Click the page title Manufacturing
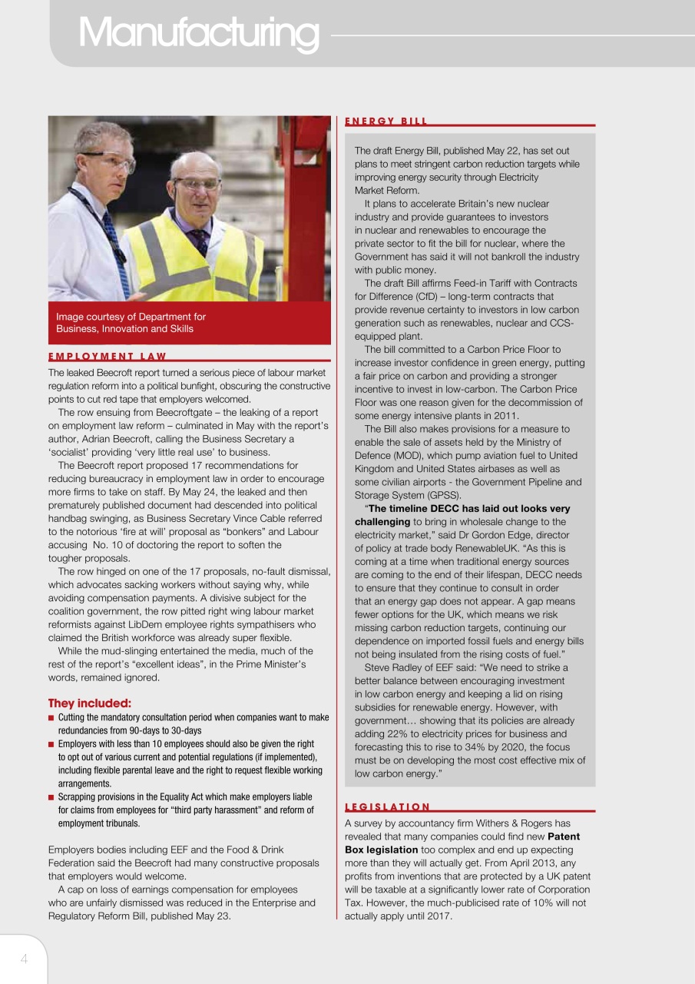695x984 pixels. pos(198,33)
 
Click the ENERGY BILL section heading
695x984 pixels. pos(386,121)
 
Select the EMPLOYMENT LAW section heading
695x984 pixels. pos(107,356)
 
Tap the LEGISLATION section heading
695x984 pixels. pos(387,806)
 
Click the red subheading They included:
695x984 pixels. pos(90,703)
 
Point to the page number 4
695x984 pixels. pos(24,958)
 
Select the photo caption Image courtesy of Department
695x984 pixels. pos(131,322)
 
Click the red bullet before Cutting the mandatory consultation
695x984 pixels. pos(51,718)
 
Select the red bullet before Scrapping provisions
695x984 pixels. pos(51,798)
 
